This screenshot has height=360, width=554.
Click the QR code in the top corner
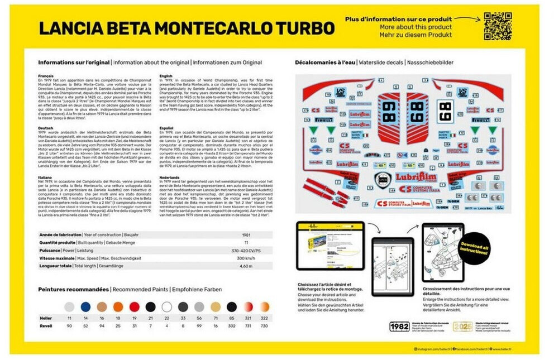(x=498, y=26)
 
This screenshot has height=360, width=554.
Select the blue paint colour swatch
(x=85, y=306)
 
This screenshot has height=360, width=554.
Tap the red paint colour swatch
(x=134, y=306)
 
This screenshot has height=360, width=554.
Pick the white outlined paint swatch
(x=166, y=306)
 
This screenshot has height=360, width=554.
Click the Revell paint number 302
(x=231, y=325)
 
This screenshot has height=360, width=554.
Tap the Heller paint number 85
(x=231, y=318)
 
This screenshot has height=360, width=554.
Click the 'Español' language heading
(x=168, y=127)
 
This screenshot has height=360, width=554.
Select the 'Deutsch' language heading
(x=46, y=127)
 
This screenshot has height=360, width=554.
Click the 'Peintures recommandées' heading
(x=73, y=290)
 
